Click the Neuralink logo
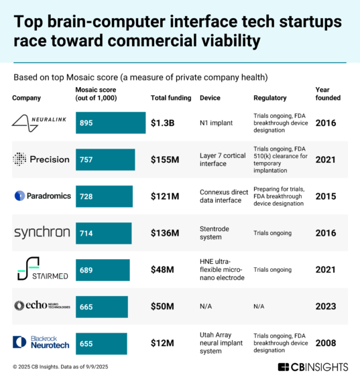(x=40, y=123)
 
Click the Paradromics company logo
(x=40, y=196)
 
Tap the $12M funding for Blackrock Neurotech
(x=162, y=343)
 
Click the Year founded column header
(x=327, y=93)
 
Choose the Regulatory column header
(x=269, y=98)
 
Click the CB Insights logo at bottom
(x=312, y=367)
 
